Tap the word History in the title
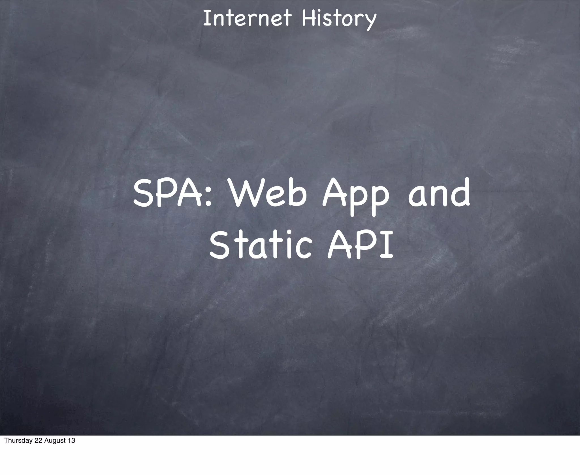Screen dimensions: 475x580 [x=339, y=19]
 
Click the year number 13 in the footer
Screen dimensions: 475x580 [x=72, y=449]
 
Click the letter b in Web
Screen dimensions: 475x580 [x=297, y=193]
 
